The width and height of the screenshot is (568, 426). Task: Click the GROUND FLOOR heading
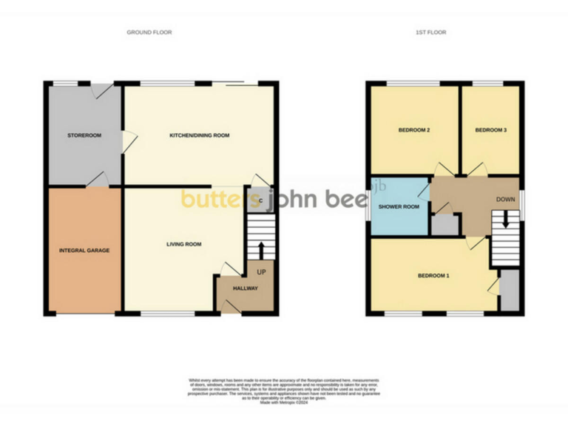point(149,33)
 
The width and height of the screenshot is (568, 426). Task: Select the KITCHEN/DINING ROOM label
point(200,136)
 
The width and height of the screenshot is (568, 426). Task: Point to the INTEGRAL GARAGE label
point(84,251)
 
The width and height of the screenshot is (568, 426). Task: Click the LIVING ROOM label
point(183,244)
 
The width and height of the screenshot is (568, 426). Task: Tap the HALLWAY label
point(246,288)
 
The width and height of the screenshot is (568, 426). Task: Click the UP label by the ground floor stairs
point(261,272)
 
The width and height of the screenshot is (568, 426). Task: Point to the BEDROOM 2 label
point(414,130)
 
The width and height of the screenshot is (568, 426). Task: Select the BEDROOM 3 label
point(490,130)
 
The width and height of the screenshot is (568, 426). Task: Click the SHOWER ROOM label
point(399,207)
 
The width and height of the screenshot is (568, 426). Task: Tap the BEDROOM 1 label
point(433,276)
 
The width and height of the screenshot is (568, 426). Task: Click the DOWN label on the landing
point(506,200)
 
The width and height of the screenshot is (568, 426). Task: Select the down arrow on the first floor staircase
point(506,219)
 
